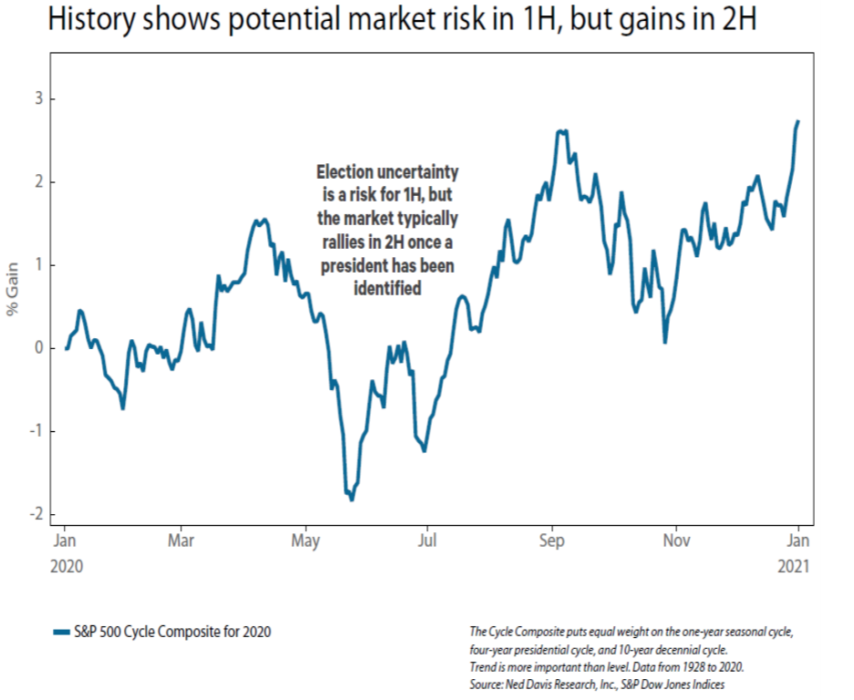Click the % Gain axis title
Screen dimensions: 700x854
(13, 291)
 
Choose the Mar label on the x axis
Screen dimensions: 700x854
(181, 540)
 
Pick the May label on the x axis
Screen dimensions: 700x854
(305, 540)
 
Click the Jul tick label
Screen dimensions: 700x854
(427, 540)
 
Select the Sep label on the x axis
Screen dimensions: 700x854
(551, 540)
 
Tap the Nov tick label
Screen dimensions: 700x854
(674, 540)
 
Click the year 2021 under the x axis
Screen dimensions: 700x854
(794, 566)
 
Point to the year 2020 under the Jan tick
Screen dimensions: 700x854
(66, 566)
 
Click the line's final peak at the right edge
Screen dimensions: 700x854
(798, 121)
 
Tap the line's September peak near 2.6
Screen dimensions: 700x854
(561, 131)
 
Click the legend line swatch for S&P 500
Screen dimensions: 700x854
(61, 632)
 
